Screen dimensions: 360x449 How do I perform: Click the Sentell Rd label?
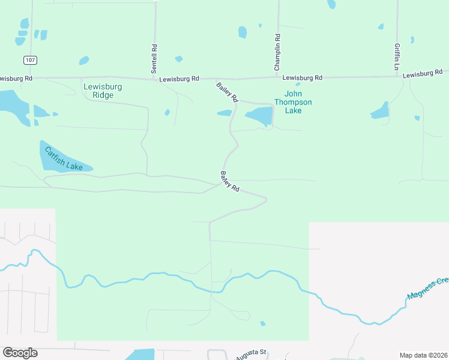point(154,55)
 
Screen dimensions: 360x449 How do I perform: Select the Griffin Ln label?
point(397,57)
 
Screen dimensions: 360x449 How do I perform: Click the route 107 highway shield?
point(31,60)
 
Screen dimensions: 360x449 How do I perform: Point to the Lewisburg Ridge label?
point(103,91)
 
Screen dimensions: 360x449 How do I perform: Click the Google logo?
point(20,353)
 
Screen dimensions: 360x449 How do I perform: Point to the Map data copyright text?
point(423,355)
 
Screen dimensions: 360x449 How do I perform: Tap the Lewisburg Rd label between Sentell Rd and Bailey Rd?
point(179,79)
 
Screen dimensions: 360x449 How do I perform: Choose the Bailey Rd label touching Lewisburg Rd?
point(228,92)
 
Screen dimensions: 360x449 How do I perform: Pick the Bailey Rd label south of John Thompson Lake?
point(230,181)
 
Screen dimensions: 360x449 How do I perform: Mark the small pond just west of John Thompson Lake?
point(224,113)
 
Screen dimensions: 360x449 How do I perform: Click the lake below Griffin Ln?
point(380,111)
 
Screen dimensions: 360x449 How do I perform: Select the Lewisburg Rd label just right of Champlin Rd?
point(303,78)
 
